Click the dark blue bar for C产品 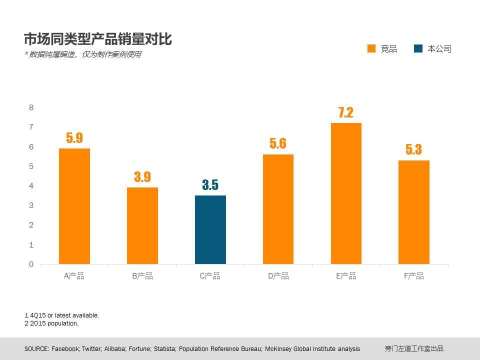210,229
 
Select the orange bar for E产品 346,193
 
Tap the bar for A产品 74,206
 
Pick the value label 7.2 345,112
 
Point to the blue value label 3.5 210,185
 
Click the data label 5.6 278,144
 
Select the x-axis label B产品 142,276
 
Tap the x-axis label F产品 414,276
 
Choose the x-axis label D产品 278,276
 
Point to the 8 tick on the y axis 31,107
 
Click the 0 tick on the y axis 31,264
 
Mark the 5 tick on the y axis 31,166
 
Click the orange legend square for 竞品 371,48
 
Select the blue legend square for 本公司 418,48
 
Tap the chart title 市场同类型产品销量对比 98,39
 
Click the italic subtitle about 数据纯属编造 82,54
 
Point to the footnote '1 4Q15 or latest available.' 62,315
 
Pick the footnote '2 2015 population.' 51,323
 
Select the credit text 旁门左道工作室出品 414,349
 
